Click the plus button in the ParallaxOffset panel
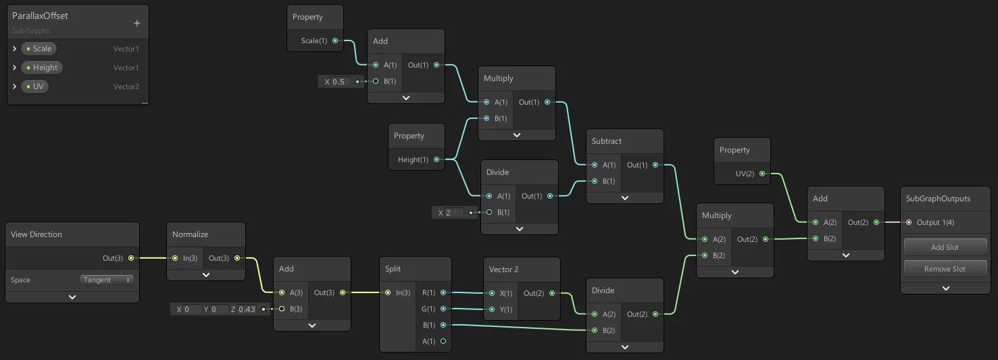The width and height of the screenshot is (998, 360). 136,24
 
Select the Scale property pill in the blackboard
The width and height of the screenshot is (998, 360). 39,49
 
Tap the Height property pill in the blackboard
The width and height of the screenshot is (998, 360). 42,68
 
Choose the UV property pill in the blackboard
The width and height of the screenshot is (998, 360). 34,86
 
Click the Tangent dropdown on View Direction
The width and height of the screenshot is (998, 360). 107,280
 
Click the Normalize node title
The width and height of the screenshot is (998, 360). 191,234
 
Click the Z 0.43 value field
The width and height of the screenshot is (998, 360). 247,309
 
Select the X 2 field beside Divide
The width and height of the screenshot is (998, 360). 450,213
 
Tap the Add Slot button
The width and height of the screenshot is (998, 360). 945,247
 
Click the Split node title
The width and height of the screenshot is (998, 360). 393,269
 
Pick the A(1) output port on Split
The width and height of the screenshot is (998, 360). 443,341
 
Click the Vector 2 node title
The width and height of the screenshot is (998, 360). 504,269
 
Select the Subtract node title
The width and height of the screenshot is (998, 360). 607,141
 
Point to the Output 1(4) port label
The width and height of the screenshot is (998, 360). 935,222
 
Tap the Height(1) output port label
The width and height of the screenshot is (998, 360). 414,159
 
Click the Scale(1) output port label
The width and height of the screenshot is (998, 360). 314,41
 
